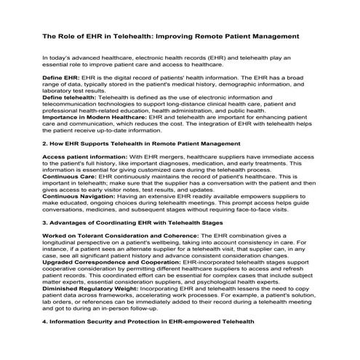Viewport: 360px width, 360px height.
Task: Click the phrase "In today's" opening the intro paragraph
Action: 57,57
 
